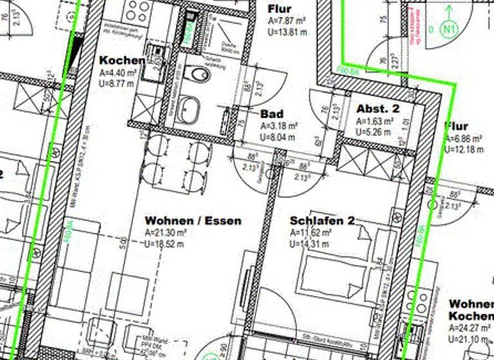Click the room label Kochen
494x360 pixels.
[122, 60]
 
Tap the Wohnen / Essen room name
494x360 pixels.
[193, 221]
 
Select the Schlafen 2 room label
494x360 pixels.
[322, 221]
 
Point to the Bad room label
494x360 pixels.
[272, 114]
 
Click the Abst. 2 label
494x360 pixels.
[378, 109]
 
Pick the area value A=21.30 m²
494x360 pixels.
[166, 233]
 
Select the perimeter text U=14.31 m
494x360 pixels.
[311, 244]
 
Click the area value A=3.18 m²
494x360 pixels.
[279, 126]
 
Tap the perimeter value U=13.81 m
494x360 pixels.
[287, 32]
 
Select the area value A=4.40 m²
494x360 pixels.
[118, 73]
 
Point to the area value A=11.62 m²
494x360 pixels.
[311, 233]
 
